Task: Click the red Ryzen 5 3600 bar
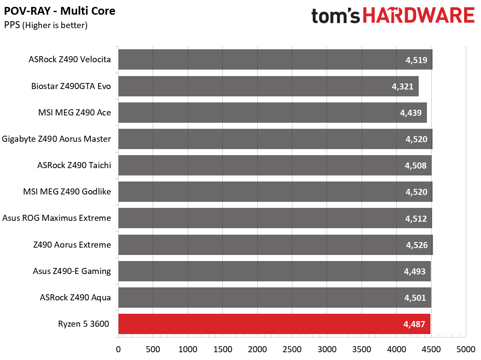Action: [x=274, y=324]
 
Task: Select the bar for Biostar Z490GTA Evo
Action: [x=269, y=86]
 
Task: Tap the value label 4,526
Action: [x=417, y=245]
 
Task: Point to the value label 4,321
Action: [x=402, y=86]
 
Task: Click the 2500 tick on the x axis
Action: [x=292, y=349]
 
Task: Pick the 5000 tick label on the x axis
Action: [x=466, y=349]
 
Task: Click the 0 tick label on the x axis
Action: [x=119, y=349]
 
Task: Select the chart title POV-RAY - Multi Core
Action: [x=60, y=11]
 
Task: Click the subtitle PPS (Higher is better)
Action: [x=46, y=25]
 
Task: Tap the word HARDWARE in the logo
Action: [x=419, y=15]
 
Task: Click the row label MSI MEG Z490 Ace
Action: [x=74, y=112]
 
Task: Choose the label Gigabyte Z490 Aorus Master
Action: [x=56, y=139]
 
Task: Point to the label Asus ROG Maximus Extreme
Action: [x=57, y=218]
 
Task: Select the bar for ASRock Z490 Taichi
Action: [x=275, y=165]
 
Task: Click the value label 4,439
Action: [x=411, y=113]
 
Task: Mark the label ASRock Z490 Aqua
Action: [x=75, y=297]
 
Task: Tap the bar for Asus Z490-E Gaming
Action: [x=275, y=271]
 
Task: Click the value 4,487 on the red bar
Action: [x=414, y=324]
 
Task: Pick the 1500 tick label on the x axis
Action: [x=222, y=349]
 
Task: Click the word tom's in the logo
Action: [x=335, y=16]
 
